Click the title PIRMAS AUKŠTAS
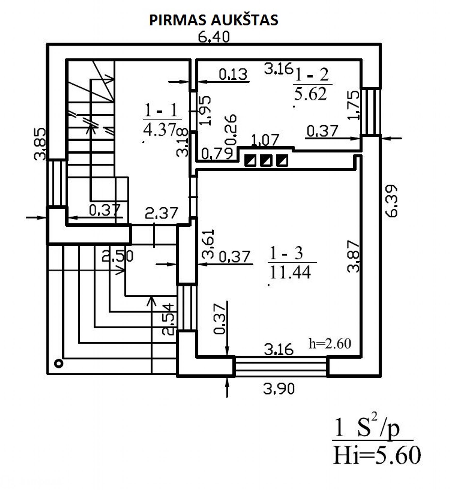coord(214,20)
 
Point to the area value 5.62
coord(310,94)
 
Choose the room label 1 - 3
coord(286,253)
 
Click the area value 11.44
coord(290,272)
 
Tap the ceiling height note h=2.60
coord(330,343)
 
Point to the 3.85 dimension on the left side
coord(40,144)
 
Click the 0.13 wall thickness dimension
coord(233,74)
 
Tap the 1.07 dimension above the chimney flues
coord(265,140)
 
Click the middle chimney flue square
coord(266,160)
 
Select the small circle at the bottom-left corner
coord(59,364)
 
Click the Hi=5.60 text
coord(376,456)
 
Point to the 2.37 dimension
coord(161,213)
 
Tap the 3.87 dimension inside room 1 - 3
coord(353,256)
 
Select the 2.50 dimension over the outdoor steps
coord(118,256)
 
